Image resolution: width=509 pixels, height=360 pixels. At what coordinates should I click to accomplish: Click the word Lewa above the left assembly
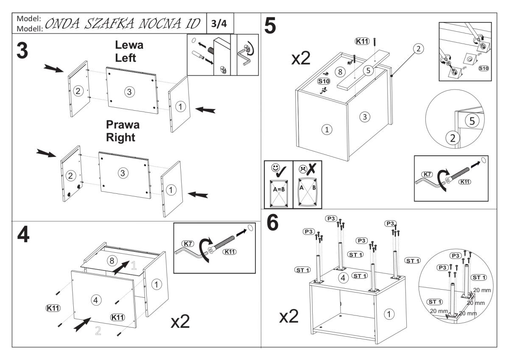[129, 45]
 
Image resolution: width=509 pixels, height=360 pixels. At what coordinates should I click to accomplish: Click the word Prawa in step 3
[123, 125]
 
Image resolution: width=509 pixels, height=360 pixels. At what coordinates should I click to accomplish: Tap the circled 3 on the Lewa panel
[130, 91]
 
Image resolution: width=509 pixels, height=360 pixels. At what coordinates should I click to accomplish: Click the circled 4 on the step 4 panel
[96, 300]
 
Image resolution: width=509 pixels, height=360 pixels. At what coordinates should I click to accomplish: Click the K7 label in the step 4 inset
[187, 244]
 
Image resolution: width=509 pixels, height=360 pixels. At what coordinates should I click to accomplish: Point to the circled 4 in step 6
[344, 278]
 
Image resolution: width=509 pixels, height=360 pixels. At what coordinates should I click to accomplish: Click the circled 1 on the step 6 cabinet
[389, 314]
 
